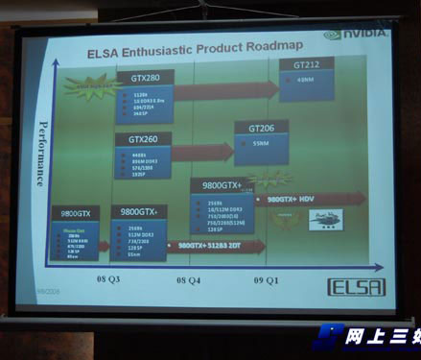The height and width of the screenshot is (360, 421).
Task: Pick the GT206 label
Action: click(261, 127)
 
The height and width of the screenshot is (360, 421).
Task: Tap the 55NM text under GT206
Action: click(261, 142)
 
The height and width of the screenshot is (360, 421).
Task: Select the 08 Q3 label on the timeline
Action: click(106, 277)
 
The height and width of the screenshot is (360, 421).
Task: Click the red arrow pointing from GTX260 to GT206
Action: click(201, 151)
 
